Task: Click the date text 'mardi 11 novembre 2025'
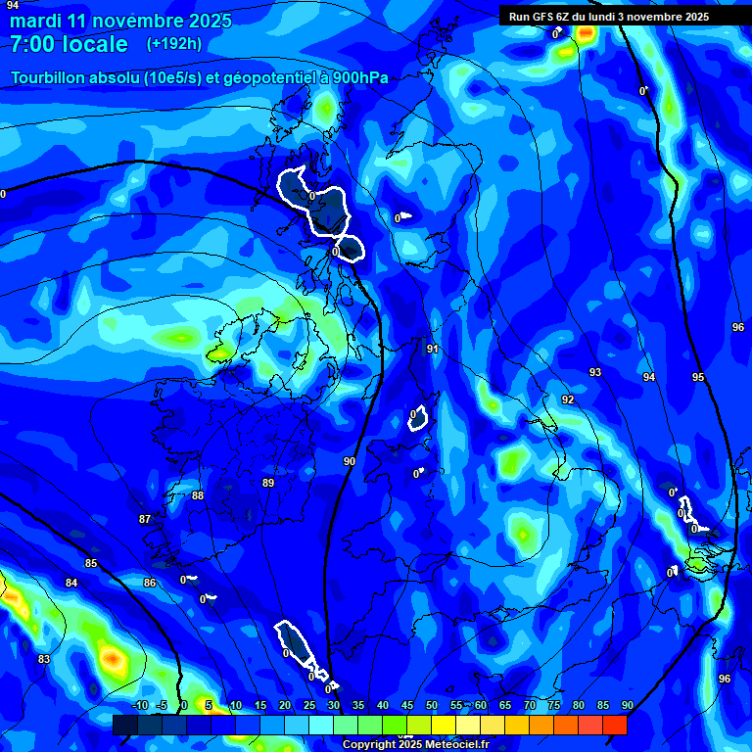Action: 120,21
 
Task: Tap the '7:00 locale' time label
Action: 69,44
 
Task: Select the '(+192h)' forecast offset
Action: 174,44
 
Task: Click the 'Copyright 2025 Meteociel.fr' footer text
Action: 415,744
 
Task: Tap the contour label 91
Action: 433,349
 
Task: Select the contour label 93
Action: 595,372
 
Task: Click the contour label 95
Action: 698,377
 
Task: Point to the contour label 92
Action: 568,399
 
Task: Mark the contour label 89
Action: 268,483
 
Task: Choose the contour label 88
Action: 198,495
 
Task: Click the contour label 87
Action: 145,519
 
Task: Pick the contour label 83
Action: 44,659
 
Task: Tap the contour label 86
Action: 149,583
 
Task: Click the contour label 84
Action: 71,583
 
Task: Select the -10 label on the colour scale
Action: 139,705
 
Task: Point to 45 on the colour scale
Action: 407,705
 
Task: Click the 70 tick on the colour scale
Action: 530,705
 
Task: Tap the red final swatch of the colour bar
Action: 615,725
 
